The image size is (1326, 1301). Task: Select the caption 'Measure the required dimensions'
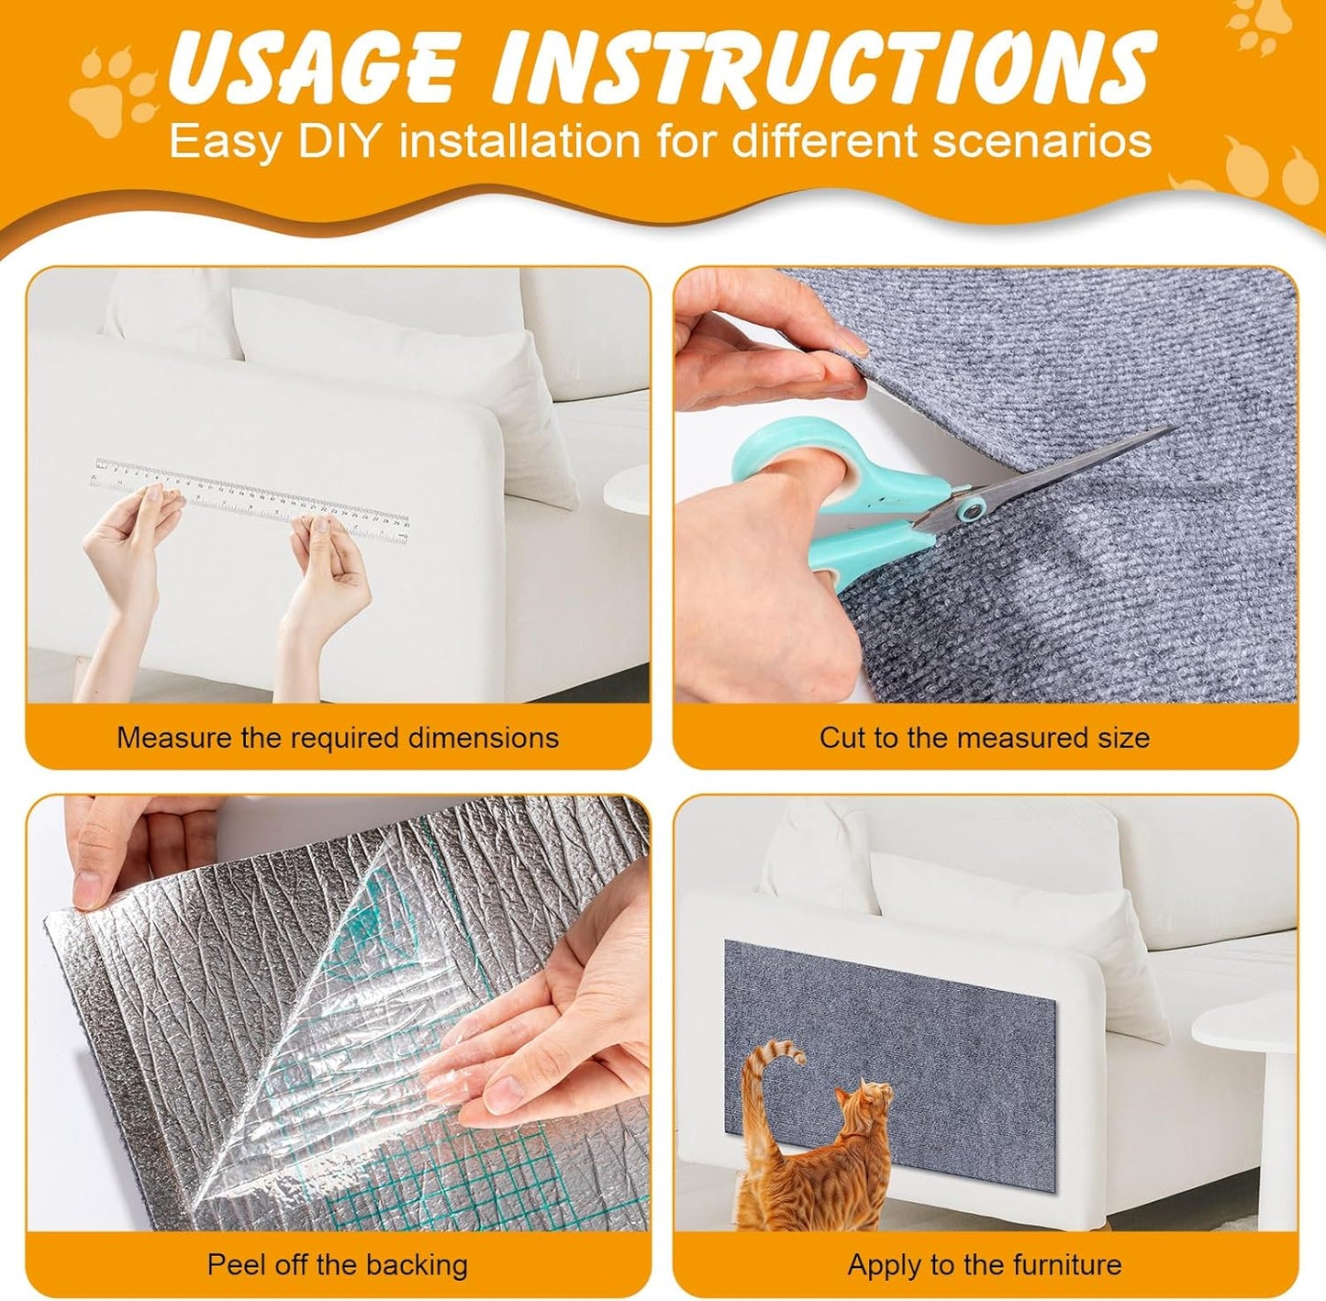[x=338, y=738]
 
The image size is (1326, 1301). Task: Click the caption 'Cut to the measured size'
[x=984, y=738]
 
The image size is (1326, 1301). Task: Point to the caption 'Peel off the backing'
[x=338, y=1264]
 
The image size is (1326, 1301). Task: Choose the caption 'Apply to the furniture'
[x=984, y=1264]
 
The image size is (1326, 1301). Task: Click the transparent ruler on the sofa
[x=248, y=497]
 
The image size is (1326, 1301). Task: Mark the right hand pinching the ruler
[x=326, y=569]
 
